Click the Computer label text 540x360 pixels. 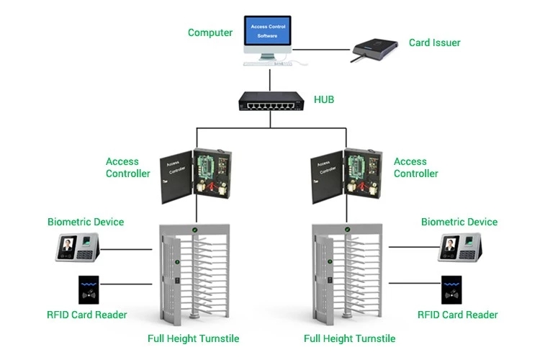click(x=210, y=32)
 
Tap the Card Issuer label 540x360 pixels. click(x=434, y=42)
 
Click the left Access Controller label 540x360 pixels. click(x=127, y=168)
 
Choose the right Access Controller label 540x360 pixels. click(x=415, y=168)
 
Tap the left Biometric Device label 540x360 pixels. click(x=86, y=222)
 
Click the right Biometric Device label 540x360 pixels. click(x=459, y=222)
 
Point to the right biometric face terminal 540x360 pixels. click(x=460, y=248)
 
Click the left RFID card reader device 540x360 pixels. click(x=89, y=291)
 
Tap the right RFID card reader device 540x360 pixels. click(x=452, y=291)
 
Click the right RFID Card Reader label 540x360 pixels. click(x=458, y=315)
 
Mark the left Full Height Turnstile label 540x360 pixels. click(x=193, y=338)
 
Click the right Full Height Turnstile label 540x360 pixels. click(x=349, y=338)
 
